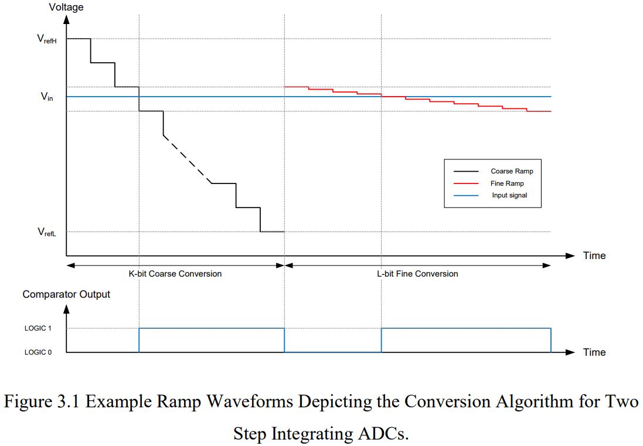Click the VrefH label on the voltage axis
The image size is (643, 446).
pyautogui.click(x=46, y=39)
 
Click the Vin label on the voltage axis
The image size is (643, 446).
pyautogui.click(x=47, y=97)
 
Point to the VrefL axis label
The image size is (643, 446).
pyautogui.click(x=46, y=232)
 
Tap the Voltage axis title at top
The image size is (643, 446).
pyautogui.click(x=66, y=8)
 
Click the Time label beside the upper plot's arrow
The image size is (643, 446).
pyautogui.click(x=594, y=256)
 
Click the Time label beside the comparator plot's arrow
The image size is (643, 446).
pyautogui.click(x=594, y=352)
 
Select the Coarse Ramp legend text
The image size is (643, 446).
pyautogui.click(x=512, y=171)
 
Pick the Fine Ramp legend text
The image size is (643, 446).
pyautogui.click(x=507, y=183)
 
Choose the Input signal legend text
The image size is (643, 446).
pyautogui.click(x=509, y=195)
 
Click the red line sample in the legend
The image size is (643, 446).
pyautogui.click(x=467, y=183)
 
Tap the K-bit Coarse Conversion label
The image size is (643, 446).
pyautogui.click(x=175, y=274)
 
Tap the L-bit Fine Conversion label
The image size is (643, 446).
pyautogui.click(x=417, y=274)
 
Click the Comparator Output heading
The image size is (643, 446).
pyautogui.click(x=66, y=294)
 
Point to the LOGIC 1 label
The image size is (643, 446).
pyautogui.click(x=38, y=329)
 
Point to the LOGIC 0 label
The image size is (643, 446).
pyautogui.click(x=38, y=352)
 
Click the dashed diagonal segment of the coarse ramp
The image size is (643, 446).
pyautogui.click(x=186, y=159)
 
